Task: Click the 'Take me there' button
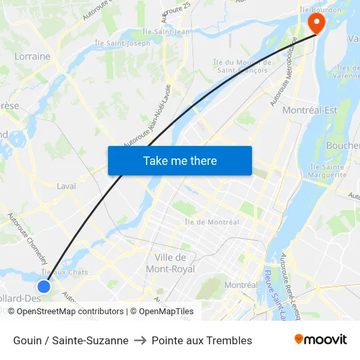pyautogui.click(x=180, y=160)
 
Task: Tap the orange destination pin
pyautogui.click(x=316, y=24)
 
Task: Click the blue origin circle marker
pyautogui.click(x=44, y=286)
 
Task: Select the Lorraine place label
pyautogui.click(x=32, y=56)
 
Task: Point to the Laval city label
pyautogui.click(x=66, y=186)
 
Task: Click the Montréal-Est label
pyautogui.click(x=310, y=110)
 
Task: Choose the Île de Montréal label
pyautogui.click(x=212, y=222)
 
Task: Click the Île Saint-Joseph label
pyautogui.click(x=122, y=43)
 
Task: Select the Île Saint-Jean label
pyautogui.click(x=166, y=31)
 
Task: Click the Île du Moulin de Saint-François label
pyautogui.click(x=240, y=65)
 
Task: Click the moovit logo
pyautogui.click(x=321, y=340)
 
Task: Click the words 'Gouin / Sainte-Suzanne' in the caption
pyautogui.click(x=71, y=340)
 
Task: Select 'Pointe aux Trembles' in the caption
pyautogui.click(x=202, y=340)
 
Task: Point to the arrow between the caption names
pyautogui.click(x=140, y=340)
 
